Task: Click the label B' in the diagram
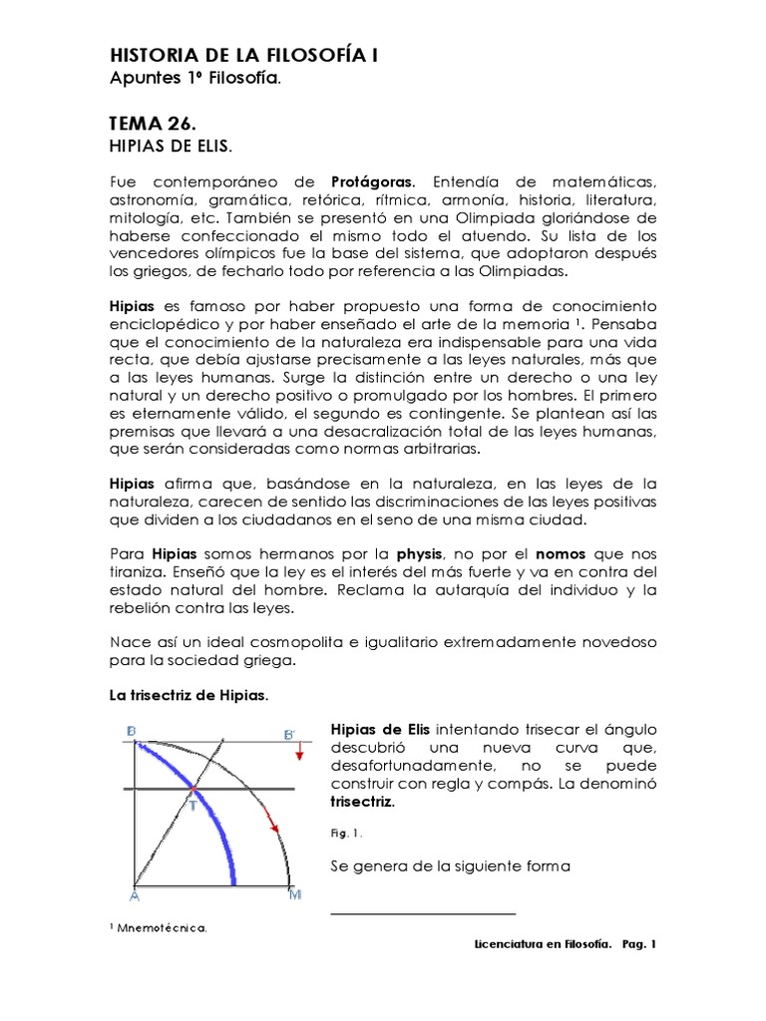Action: [289, 736]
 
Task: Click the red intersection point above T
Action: [192, 790]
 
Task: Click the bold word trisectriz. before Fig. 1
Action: [362, 802]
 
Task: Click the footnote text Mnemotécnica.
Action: [163, 928]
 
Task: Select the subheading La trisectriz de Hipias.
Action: [189, 695]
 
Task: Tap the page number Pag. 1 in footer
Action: [638, 943]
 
